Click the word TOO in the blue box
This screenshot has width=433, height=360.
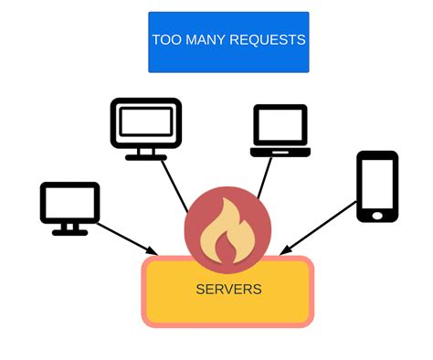click(167, 40)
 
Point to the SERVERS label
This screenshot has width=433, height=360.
click(228, 290)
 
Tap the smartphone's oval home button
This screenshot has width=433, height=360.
click(376, 215)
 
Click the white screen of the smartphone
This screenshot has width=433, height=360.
click(376, 184)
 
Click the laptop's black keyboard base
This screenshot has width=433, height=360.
click(280, 152)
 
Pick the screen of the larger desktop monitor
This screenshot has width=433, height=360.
click(146, 122)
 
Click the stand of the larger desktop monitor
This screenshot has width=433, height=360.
click(146, 155)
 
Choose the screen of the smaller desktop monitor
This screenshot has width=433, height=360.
click(69, 204)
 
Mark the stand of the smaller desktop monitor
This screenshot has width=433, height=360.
click(69, 230)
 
